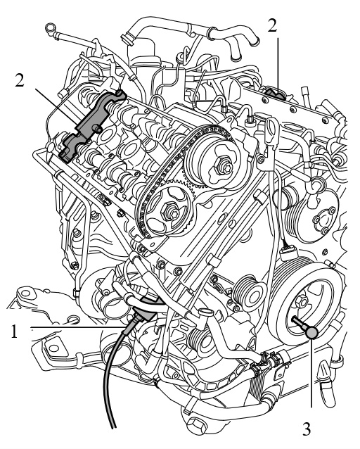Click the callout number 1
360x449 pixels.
tap(14, 331)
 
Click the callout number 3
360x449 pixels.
tap(307, 429)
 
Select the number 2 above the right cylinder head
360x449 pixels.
tap(272, 25)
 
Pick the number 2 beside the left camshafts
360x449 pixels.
tap(20, 80)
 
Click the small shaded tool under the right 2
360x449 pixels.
tap(276, 94)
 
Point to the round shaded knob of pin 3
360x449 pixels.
tap(311, 333)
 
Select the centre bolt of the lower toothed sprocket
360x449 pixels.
tap(170, 212)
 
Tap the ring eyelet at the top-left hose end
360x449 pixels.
tap(50, 30)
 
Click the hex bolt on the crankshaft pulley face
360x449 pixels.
tap(302, 301)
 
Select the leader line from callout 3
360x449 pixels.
tap(311, 373)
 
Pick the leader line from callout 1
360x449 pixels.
tap(77, 327)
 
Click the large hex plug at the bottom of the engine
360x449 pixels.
tap(198, 429)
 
